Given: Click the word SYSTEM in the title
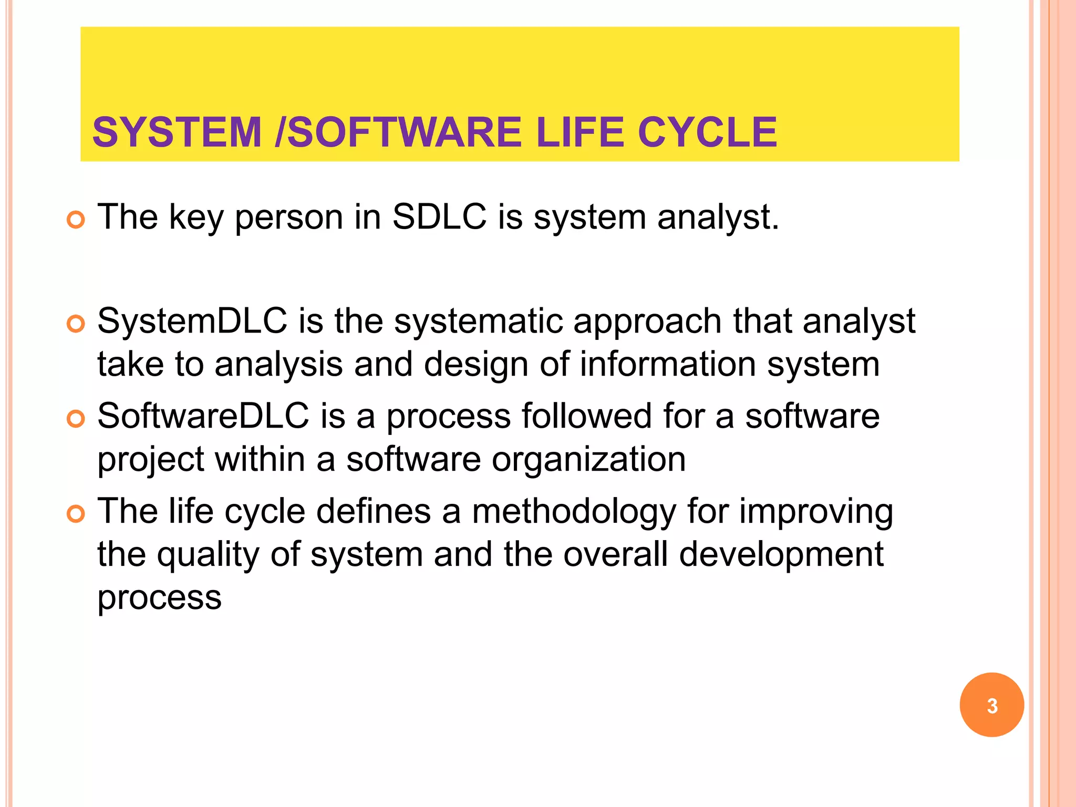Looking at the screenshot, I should coord(177,132).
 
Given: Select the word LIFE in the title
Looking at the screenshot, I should coord(581,132).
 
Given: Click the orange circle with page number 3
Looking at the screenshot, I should coord(991,705).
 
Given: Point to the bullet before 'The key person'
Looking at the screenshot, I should coord(76,220).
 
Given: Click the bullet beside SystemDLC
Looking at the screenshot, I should coord(76,324).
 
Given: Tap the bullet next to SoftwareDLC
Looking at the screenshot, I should coord(76,419).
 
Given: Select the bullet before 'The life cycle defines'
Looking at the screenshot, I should coord(76,514).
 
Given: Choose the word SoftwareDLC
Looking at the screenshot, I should coord(203,416).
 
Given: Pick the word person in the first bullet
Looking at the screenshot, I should coord(289,218).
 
